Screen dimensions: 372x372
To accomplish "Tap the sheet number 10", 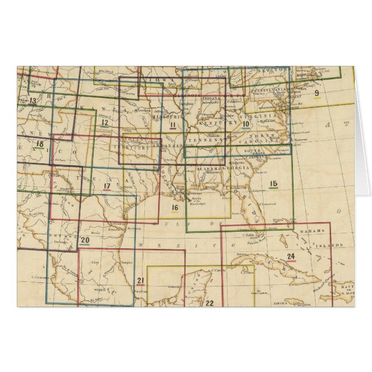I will click(x=245, y=123).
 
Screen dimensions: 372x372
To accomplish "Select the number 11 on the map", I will click(x=172, y=125).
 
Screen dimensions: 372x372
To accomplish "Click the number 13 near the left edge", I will click(x=32, y=101).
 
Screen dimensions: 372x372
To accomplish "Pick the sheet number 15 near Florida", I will click(x=274, y=184).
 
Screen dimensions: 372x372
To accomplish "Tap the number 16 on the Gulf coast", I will click(x=174, y=207).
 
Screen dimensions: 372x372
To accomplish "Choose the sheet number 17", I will click(x=107, y=185).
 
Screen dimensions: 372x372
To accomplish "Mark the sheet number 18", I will click(x=39, y=144).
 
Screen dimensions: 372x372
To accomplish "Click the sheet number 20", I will click(x=85, y=240).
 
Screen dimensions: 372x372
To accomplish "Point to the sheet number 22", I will click(x=210, y=303).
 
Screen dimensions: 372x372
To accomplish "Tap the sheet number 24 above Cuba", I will click(x=291, y=256).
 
